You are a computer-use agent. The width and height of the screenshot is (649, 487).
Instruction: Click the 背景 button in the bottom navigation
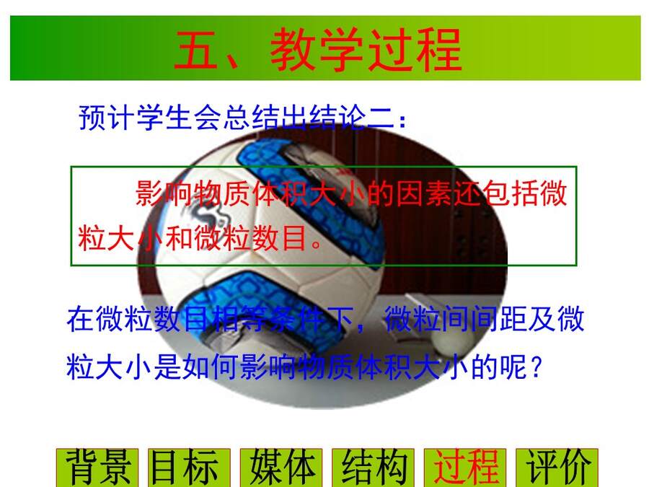(x=97, y=468)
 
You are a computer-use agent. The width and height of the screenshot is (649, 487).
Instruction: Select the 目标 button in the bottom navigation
(x=189, y=468)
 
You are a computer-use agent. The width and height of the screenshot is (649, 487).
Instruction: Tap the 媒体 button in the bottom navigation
(x=281, y=468)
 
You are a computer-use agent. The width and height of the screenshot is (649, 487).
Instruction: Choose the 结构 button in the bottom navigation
(x=373, y=468)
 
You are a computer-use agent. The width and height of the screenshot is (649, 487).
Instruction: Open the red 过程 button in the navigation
(x=465, y=468)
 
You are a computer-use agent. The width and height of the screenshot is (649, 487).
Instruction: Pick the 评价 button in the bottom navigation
(x=557, y=468)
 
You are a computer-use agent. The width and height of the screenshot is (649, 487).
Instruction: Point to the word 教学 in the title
(x=317, y=50)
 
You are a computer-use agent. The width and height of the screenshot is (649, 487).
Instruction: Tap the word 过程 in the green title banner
(x=414, y=50)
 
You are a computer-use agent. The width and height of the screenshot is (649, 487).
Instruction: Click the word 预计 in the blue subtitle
(x=107, y=118)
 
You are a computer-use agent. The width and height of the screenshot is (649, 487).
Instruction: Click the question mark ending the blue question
(x=536, y=366)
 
